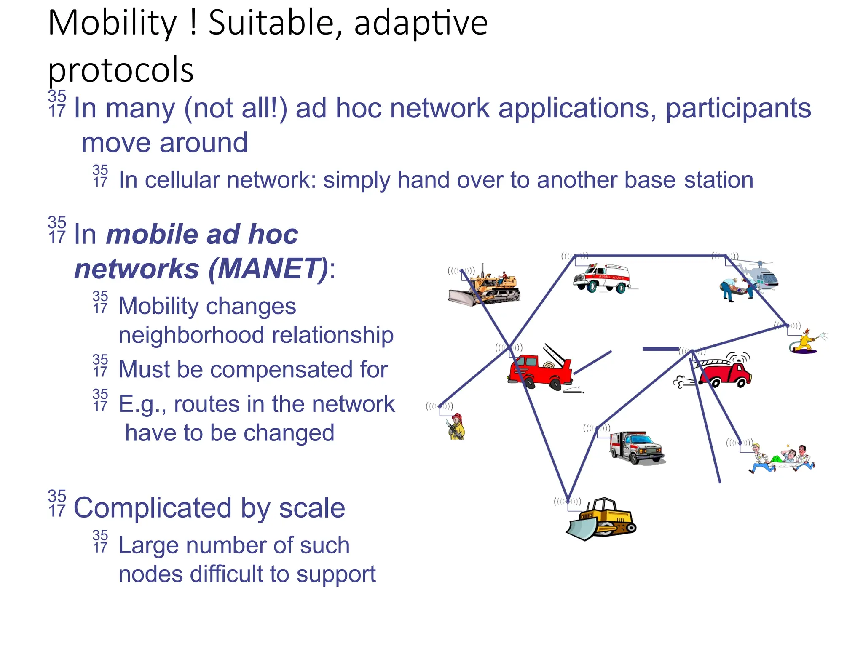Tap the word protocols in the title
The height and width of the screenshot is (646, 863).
pos(121,69)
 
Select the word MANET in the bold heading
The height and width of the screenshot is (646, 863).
pos(268,269)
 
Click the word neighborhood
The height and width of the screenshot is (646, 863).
pos(191,335)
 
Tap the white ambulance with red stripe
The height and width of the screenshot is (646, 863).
pos(602,278)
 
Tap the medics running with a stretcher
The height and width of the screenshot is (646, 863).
pos(782,459)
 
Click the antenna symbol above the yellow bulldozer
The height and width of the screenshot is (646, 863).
pos(567,501)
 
